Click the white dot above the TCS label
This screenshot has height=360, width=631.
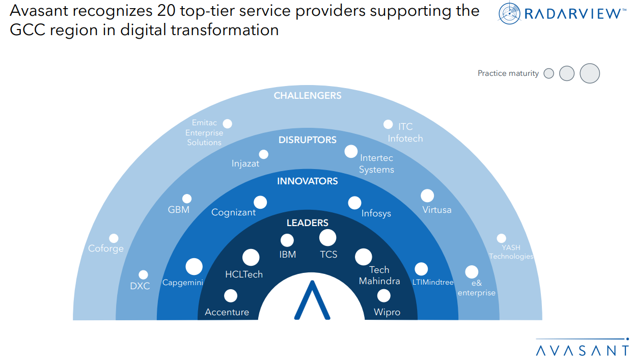pos(327,237)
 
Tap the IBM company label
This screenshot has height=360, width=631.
pos(288,254)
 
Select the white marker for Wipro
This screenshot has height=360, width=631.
pos(383,295)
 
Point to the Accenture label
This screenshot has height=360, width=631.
pos(227,312)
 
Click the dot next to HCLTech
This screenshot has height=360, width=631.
pos(251,258)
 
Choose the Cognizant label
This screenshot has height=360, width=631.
pos(233,212)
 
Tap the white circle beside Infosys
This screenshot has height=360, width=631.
pos(354,203)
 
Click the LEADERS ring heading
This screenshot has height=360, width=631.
pos(307,223)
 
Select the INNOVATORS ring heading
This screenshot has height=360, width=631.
pos(307,181)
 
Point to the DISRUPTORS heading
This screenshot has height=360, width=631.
pos(307,140)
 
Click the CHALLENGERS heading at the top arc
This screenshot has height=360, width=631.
pos(307,95)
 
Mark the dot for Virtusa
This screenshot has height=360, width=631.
pos(427,196)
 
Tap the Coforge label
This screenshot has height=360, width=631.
pos(106,248)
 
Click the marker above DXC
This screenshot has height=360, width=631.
pos(143,275)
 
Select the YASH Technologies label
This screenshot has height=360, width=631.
pos(511,252)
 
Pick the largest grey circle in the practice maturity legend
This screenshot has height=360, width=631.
pos(590,73)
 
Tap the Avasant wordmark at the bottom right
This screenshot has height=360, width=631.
pos(583,350)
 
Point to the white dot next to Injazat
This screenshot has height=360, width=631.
pos(263,154)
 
